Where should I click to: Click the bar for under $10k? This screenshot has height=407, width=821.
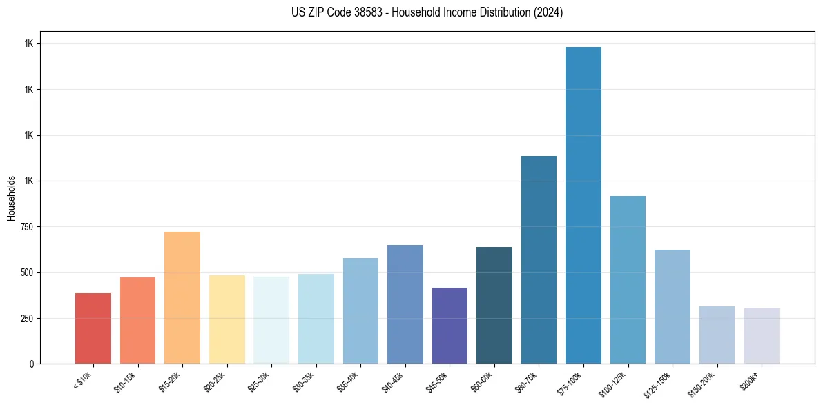tap(93, 328)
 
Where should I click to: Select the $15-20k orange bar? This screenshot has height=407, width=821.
tap(182, 297)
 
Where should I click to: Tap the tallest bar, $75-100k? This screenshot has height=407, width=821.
tap(583, 205)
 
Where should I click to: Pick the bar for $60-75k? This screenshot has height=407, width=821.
tap(539, 259)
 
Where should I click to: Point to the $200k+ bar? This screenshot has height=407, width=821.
tap(762, 335)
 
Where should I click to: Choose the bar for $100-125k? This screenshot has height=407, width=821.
tap(628, 279)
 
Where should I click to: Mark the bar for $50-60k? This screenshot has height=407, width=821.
tap(494, 305)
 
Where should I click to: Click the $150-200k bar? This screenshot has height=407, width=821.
tap(717, 335)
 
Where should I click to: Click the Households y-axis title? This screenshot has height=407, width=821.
tap(11, 197)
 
